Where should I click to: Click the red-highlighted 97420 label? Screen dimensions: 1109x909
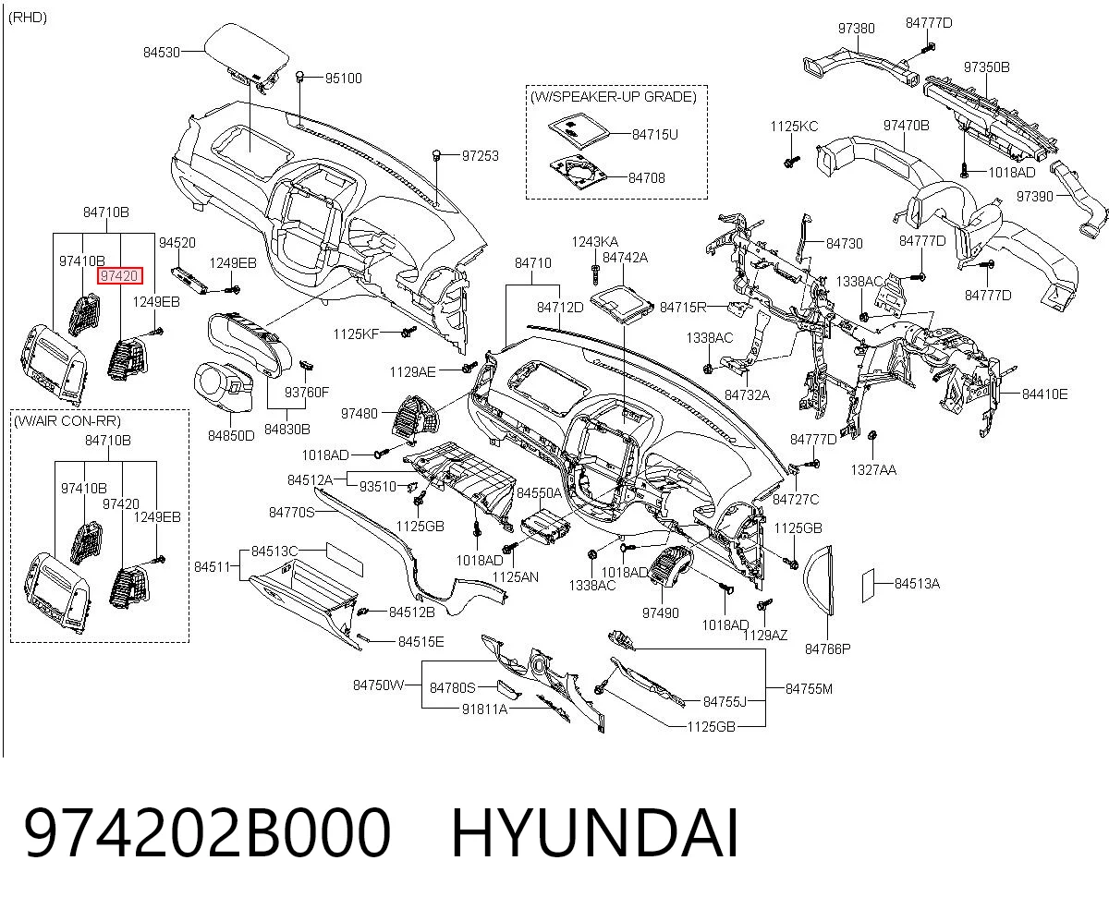tap(119, 275)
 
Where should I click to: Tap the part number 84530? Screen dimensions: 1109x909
tap(162, 52)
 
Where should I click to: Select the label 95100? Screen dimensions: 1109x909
tap(344, 79)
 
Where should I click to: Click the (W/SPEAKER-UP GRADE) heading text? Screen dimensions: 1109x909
tap(614, 97)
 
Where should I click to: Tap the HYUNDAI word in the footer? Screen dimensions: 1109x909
tap(595, 833)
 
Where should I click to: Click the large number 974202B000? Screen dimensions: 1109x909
tap(207, 833)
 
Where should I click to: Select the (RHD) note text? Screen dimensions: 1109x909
tap(28, 18)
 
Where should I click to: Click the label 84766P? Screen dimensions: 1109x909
tap(827, 648)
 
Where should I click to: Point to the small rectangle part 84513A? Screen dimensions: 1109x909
tap(868, 586)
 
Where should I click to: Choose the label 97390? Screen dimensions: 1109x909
tap(1034, 196)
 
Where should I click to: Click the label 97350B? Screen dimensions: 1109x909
tap(986, 67)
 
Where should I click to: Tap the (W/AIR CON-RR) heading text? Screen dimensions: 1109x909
tap(67, 421)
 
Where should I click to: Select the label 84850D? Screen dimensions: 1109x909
tap(231, 435)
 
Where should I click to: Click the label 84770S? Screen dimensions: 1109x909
tap(291, 512)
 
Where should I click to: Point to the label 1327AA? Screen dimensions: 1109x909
tap(873, 470)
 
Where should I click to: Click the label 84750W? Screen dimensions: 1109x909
tap(379, 685)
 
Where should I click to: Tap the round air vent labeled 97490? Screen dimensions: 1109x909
tap(671, 568)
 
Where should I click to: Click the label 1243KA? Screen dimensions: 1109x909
tap(595, 242)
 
